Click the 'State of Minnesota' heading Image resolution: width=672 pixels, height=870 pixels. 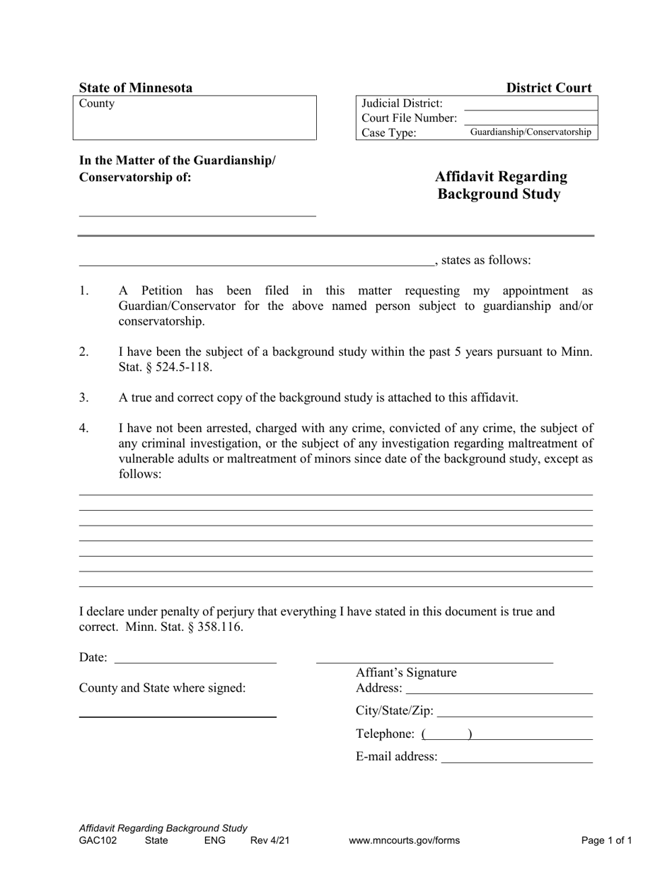pos(135,88)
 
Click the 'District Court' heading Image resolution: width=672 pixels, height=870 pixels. pos(549,88)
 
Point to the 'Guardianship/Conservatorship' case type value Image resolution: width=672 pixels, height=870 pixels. pos(531,132)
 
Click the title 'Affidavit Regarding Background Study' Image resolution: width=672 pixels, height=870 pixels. pos(500,185)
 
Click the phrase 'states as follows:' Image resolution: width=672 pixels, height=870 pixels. pos(486,260)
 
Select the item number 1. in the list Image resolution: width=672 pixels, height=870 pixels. pos(84,291)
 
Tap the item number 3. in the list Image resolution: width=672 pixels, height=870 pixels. pos(84,398)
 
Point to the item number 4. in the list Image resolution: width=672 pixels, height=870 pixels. pos(84,428)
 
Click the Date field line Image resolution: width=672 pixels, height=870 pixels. pos(195,658)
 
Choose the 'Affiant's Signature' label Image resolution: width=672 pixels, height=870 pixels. pos(406,673)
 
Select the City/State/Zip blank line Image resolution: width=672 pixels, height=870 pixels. pos(515,711)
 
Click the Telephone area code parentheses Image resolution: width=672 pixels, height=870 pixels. pos(447,734)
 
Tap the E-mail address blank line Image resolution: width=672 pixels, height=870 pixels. pos(516,757)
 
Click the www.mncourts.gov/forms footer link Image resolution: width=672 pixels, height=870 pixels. pos(404,841)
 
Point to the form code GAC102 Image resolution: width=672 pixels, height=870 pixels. pos(98,841)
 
